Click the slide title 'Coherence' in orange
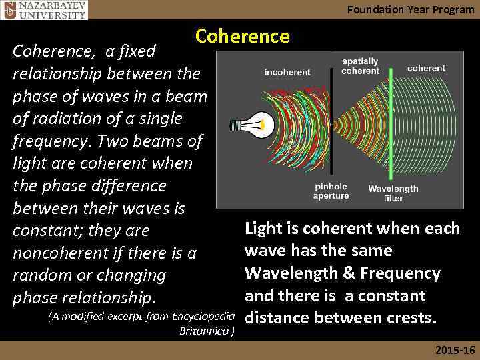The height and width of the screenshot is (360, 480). [x=243, y=36]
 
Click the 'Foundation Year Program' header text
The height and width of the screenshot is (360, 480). [x=411, y=9]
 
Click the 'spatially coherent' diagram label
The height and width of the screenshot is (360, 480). [x=361, y=66]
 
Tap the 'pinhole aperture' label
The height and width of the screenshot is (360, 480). [x=331, y=191]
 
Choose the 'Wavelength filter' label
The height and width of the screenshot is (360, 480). [x=393, y=193]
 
